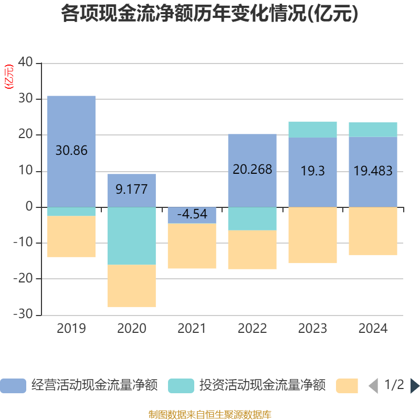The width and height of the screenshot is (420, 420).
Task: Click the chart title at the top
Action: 210,14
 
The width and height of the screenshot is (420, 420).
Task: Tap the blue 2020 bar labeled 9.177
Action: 131,181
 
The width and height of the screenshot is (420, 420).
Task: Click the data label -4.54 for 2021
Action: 192,214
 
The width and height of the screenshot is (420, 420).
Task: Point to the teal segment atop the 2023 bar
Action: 312,129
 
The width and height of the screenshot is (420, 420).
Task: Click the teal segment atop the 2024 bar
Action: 373,130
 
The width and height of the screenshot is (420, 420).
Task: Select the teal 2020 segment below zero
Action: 131,236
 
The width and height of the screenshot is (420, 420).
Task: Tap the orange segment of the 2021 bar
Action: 192,246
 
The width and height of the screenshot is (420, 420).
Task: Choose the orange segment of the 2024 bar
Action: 373,231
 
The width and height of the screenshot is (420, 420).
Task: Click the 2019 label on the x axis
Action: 71,329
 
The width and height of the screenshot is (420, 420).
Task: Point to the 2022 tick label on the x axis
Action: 252,329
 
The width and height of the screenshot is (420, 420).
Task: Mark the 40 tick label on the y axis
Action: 25,63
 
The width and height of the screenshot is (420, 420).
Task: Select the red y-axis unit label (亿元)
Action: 9,77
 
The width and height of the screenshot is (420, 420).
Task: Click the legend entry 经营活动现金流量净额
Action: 94,385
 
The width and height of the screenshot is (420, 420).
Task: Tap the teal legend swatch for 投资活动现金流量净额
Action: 181,385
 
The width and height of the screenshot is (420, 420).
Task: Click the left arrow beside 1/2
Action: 373,386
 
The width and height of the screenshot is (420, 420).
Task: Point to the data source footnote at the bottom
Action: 210,414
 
